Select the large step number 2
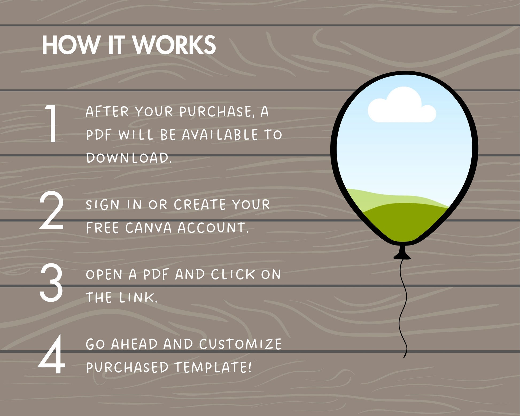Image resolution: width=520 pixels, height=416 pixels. [x=52, y=211]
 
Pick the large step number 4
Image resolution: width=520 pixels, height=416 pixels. [x=52, y=354]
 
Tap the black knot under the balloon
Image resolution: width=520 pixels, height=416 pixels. [x=402, y=252]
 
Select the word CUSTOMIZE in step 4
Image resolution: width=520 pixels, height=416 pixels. [x=240, y=344]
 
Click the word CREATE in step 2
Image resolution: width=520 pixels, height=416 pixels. [x=200, y=205]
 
